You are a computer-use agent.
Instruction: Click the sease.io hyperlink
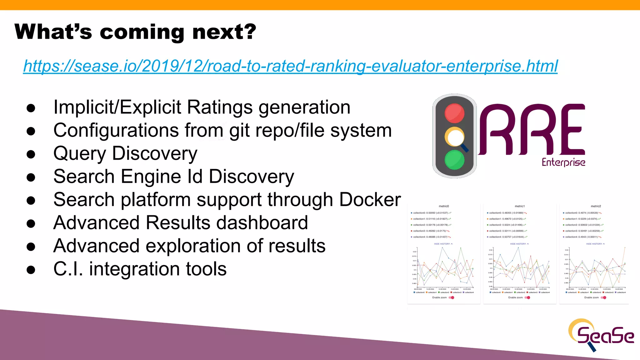point(290,66)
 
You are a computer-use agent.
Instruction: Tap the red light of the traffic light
point(454,113)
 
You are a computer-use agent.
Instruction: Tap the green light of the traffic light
point(454,160)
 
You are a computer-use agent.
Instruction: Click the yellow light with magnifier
point(455,137)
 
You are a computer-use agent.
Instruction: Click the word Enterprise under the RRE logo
point(563,162)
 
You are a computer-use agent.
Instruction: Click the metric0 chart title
point(444,206)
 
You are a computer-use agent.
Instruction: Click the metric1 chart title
point(520,206)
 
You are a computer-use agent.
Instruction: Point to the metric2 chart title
point(596,206)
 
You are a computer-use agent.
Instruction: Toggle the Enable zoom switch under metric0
point(452,297)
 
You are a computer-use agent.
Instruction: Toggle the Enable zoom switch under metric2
point(604,297)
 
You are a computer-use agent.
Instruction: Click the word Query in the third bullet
point(80,154)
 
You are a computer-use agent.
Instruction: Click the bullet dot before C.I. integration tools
point(31,270)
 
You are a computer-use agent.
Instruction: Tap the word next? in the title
point(224,32)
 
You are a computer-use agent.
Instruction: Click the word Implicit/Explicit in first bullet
point(117,107)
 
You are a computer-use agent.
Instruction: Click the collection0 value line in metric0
point(431,213)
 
